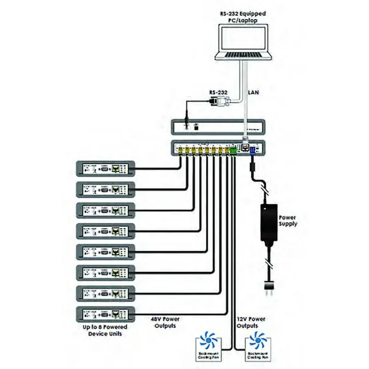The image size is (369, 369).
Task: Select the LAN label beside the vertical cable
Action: pyautogui.click(x=253, y=93)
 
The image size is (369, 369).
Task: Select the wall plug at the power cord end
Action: pyautogui.click(x=268, y=285)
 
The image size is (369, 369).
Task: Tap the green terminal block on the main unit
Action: pyautogui.click(x=233, y=149)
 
